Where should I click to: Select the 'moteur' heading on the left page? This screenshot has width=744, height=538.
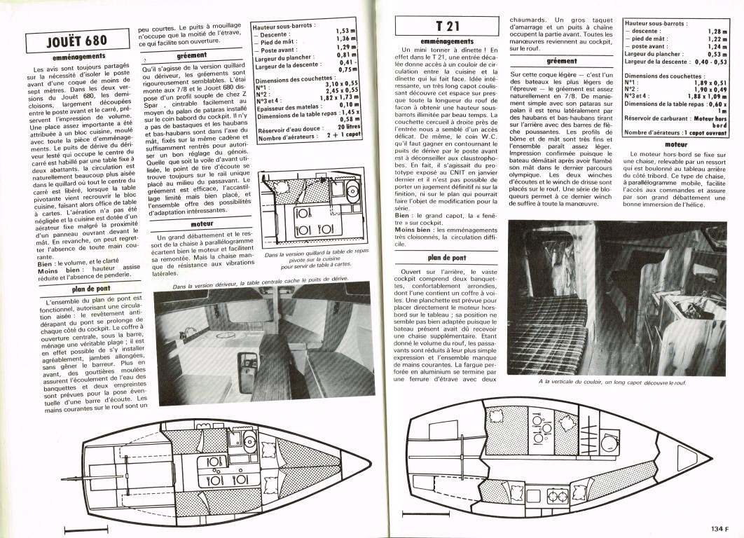pyautogui.click(x=191, y=224)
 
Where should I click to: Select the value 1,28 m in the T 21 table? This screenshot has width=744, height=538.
pyautogui.click(x=717, y=32)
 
